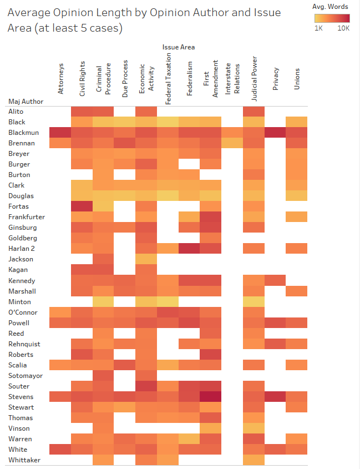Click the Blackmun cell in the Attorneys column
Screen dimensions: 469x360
coord(60,133)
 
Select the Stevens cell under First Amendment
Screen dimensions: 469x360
coord(211,397)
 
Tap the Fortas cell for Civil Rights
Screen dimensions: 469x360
coord(82,206)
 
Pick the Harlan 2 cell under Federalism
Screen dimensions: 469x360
coord(190,249)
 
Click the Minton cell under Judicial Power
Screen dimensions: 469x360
coord(254,301)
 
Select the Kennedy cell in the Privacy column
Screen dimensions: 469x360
coord(276,280)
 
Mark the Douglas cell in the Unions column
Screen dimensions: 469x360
coord(297,196)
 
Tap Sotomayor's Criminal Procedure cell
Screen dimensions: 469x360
coord(103,376)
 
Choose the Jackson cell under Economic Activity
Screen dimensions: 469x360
coord(146,259)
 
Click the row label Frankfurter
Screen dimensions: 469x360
coord(27,217)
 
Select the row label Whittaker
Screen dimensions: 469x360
coord(24,460)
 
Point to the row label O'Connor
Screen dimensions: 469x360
coord(23,312)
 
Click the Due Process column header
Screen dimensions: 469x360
coord(125,79)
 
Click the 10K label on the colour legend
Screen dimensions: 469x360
coord(343,28)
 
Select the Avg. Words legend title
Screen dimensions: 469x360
coord(331,7)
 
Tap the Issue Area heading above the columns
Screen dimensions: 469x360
coord(179,47)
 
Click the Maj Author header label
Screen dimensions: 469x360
coord(26,102)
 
